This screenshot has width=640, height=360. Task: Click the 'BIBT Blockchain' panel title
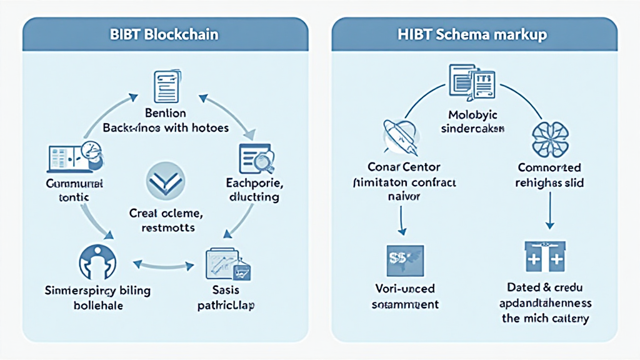165,34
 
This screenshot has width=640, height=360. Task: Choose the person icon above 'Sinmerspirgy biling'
97,262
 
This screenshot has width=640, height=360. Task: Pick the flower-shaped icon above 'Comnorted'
549,139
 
